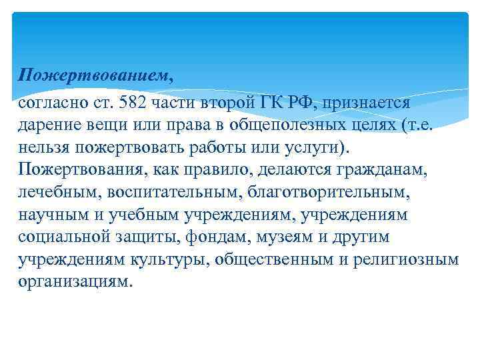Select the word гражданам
[387, 170]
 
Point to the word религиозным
[405, 259]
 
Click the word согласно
[51, 103]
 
